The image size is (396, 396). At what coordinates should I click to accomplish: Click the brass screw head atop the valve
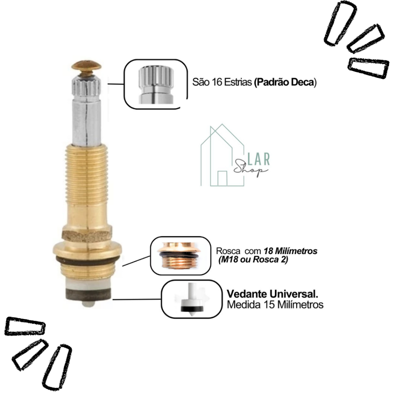point(86,65)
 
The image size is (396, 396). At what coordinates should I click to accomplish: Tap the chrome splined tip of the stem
point(87,86)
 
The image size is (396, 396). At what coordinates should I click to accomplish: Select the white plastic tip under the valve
point(89,303)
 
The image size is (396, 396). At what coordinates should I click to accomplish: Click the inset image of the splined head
point(156,84)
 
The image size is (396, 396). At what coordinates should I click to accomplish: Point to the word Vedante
point(247,294)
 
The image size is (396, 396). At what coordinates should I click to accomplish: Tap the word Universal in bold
point(294,294)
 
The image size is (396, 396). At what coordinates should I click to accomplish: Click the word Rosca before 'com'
point(228,251)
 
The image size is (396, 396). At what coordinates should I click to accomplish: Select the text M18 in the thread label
point(229,259)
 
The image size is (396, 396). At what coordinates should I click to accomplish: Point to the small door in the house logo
point(222,178)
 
